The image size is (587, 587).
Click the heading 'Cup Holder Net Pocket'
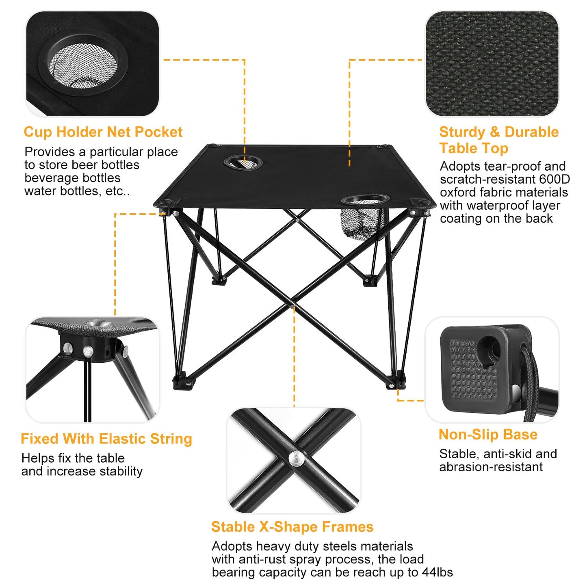[x=103, y=132]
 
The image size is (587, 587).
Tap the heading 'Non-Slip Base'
[x=488, y=434]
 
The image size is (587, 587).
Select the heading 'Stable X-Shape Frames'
[x=292, y=526]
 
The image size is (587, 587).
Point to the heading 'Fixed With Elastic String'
[x=106, y=439]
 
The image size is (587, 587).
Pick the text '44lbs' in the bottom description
[x=438, y=572]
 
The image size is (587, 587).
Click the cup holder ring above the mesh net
[x=365, y=199]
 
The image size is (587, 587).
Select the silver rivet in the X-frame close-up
[x=296, y=458]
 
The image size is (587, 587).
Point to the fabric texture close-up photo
[x=492, y=63]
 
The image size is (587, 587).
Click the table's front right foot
[x=396, y=381]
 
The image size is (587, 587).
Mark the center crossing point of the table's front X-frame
[x=293, y=303]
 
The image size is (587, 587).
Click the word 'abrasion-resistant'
[x=491, y=467]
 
